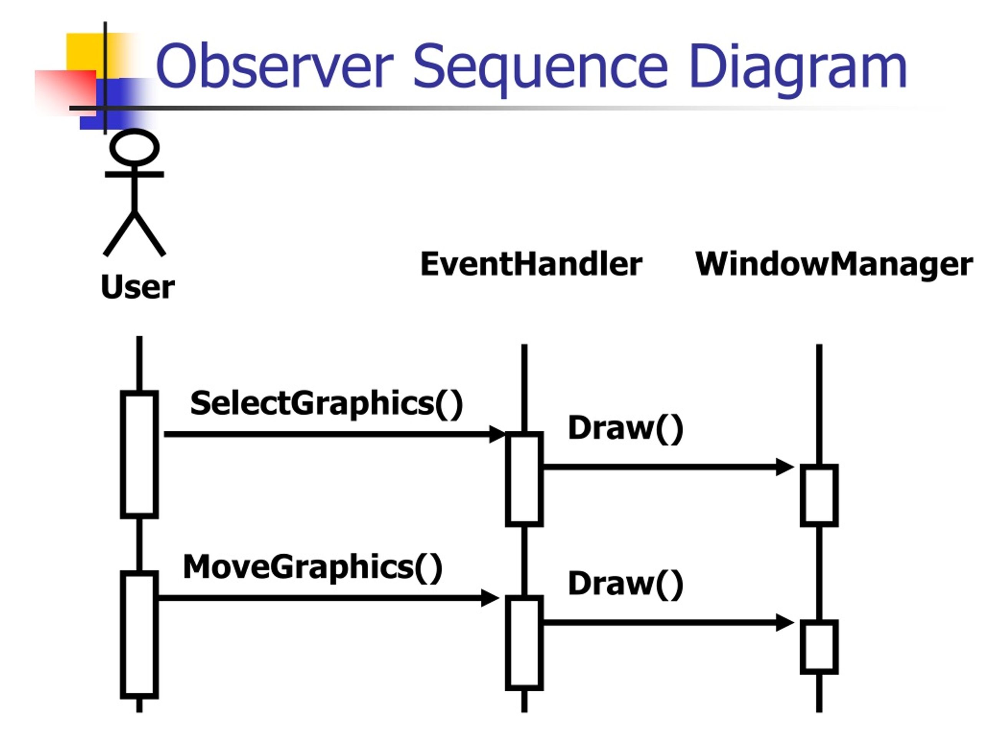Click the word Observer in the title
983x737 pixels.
[274, 65]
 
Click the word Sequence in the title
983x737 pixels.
[540, 69]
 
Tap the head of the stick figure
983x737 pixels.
[134, 147]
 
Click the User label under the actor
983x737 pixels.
[138, 287]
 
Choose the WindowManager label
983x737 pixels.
[834, 265]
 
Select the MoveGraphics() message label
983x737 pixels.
[313, 567]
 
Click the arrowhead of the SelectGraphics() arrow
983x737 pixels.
[497, 434]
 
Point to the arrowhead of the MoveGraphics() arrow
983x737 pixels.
[490, 598]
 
